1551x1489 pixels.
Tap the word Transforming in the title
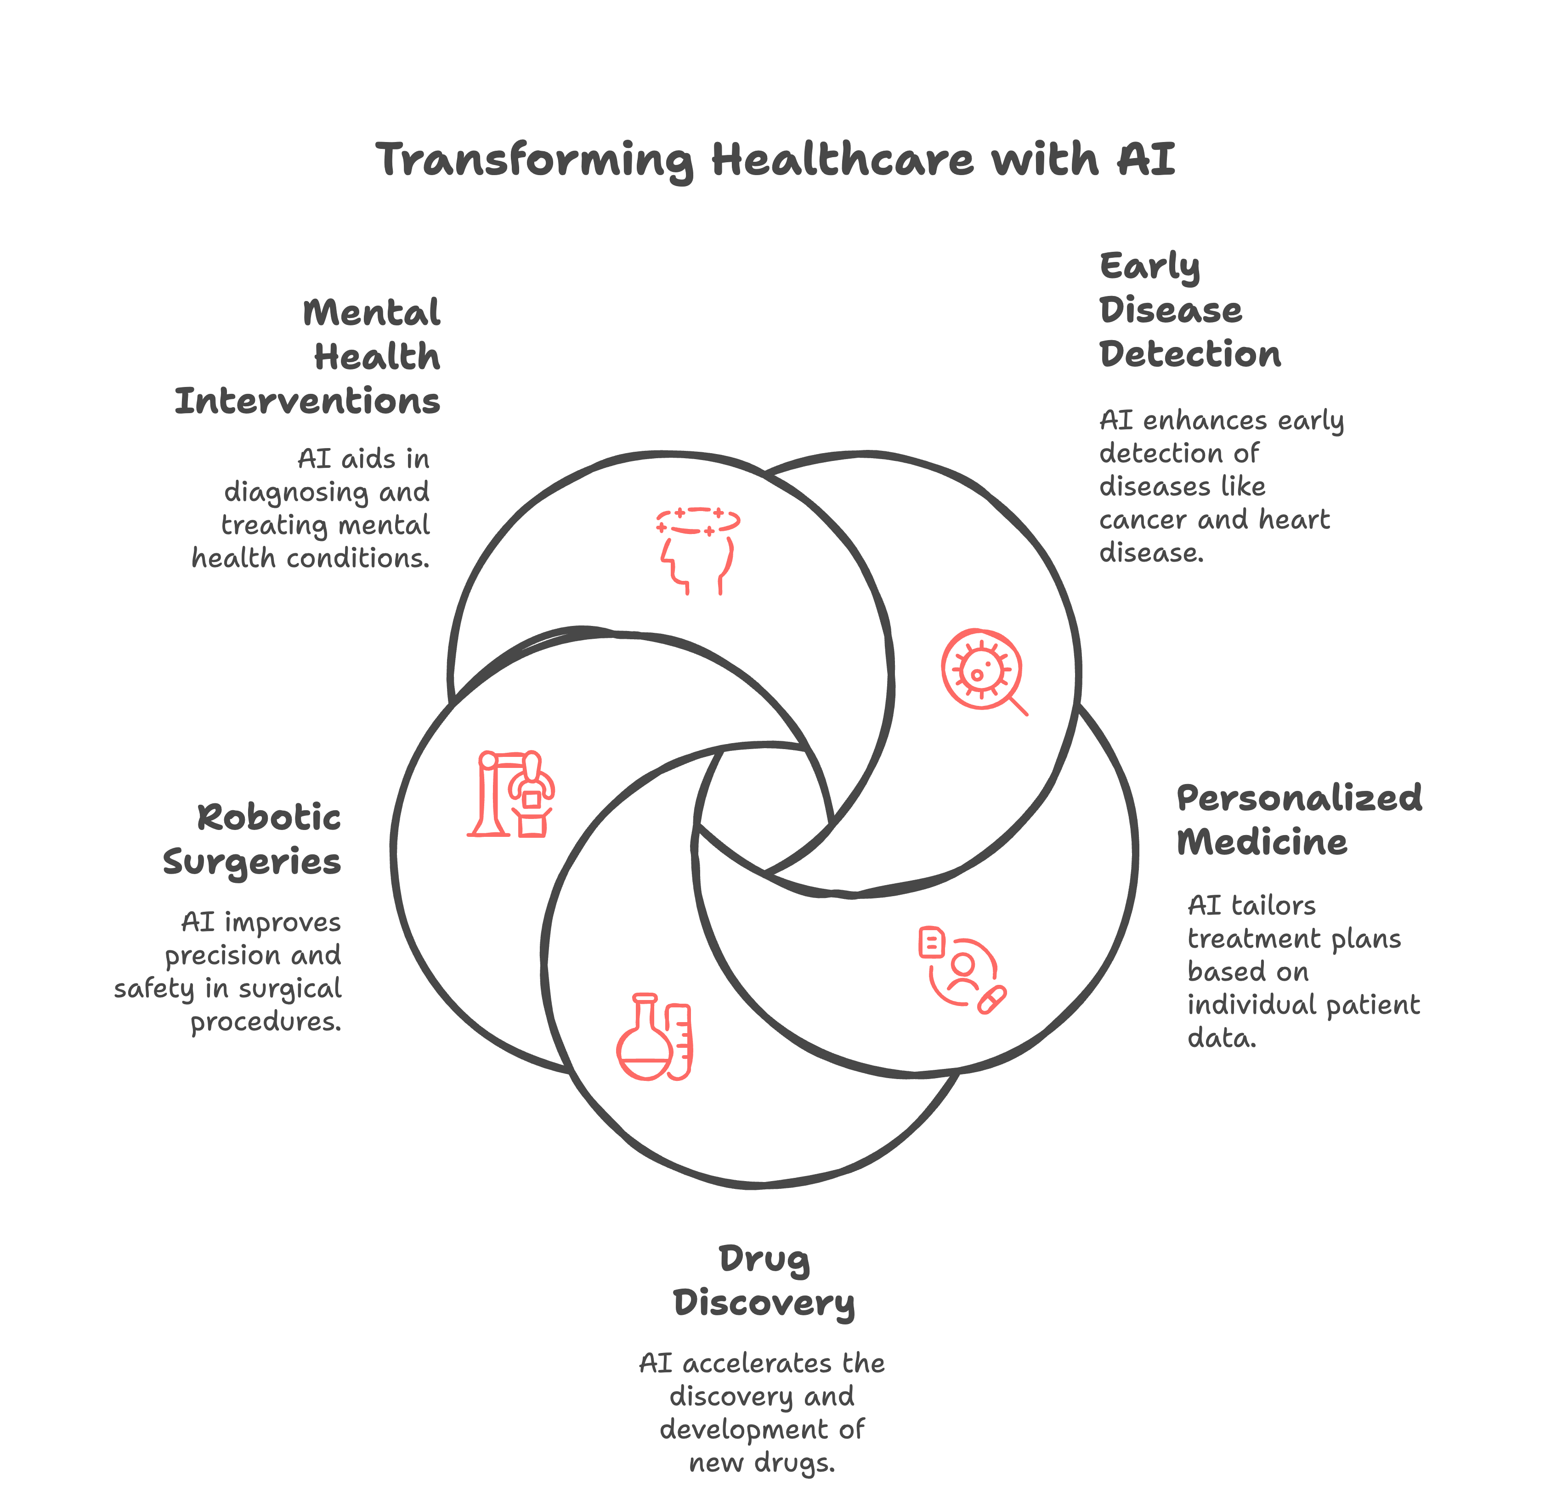coord(535,161)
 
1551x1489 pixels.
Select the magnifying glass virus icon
coord(983,671)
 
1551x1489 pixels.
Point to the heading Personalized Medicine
coord(1299,819)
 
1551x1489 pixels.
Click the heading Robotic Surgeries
coord(252,839)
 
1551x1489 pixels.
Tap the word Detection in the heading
coord(1189,354)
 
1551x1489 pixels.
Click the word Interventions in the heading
coord(307,401)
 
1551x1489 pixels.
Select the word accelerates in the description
coord(757,1363)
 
